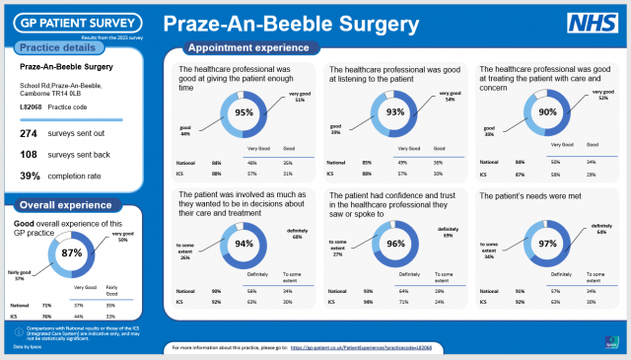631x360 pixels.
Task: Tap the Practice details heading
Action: click(58, 47)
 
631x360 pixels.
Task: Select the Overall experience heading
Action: click(65, 206)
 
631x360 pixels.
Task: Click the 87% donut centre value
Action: click(72, 253)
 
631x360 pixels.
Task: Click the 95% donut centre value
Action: click(243, 112)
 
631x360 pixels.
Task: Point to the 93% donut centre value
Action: click(395, 112)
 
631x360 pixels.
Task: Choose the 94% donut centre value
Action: click(243, 244)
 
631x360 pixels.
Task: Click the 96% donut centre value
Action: click(395, 244)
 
